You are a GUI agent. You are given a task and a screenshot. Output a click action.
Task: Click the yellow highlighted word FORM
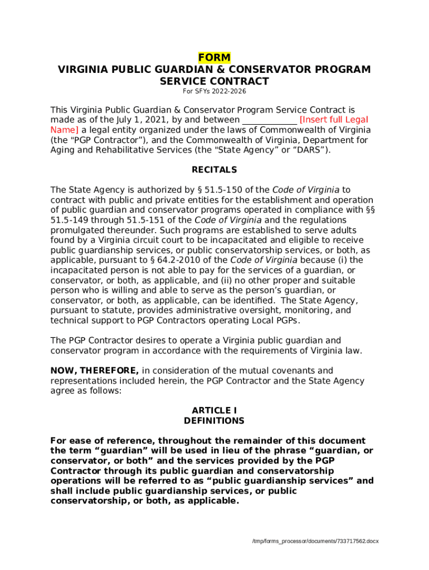coord(214,58)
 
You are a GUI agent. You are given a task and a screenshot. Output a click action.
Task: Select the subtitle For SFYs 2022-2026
coord(214,91)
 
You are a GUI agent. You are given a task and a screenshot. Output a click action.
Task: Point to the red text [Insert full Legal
coord(334,120)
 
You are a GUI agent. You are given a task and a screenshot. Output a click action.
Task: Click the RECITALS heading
coord(214,170)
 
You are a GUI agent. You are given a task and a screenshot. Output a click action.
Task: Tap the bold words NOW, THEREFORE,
coord(95,371)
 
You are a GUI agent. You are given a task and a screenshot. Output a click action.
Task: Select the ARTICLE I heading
coord(214,411)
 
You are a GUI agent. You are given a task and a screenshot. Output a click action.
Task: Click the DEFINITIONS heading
coord(214,421)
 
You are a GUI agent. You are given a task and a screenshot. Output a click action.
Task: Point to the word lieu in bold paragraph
coord(223,451)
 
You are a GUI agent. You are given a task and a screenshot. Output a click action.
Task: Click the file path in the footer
coord(315,541)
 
